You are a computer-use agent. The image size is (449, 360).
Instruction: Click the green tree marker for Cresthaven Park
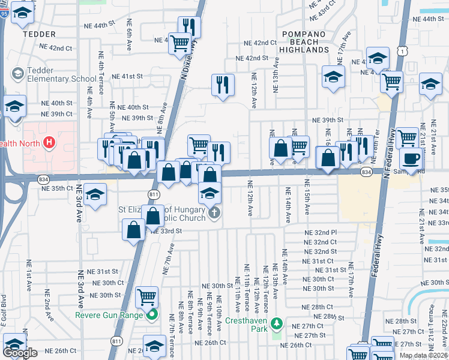tap(276, 325)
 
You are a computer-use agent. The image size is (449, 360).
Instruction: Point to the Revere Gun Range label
tap(109, 316)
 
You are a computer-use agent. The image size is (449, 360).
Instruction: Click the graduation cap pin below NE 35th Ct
tap(95, 194)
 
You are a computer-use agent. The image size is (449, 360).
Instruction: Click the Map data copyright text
tap(423, 355)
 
